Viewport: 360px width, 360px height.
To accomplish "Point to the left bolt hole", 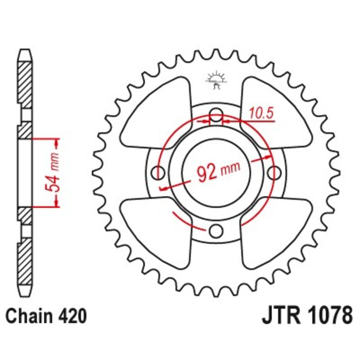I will (x=158, y=172).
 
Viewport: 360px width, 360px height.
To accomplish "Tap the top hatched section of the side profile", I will (x=26, y=85).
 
